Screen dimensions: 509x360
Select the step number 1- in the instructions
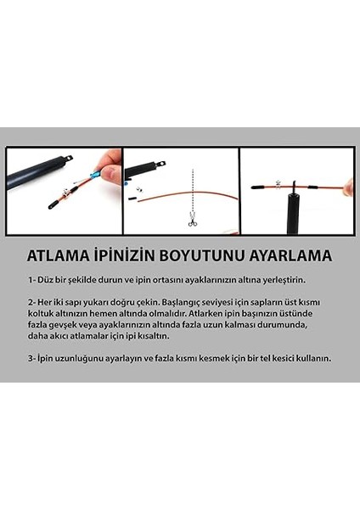tap(32, 279)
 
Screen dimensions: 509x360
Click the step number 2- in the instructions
tap(32, 303)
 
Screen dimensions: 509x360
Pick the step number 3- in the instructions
tap(32, 358)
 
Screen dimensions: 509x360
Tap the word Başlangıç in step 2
tap(176, 303)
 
